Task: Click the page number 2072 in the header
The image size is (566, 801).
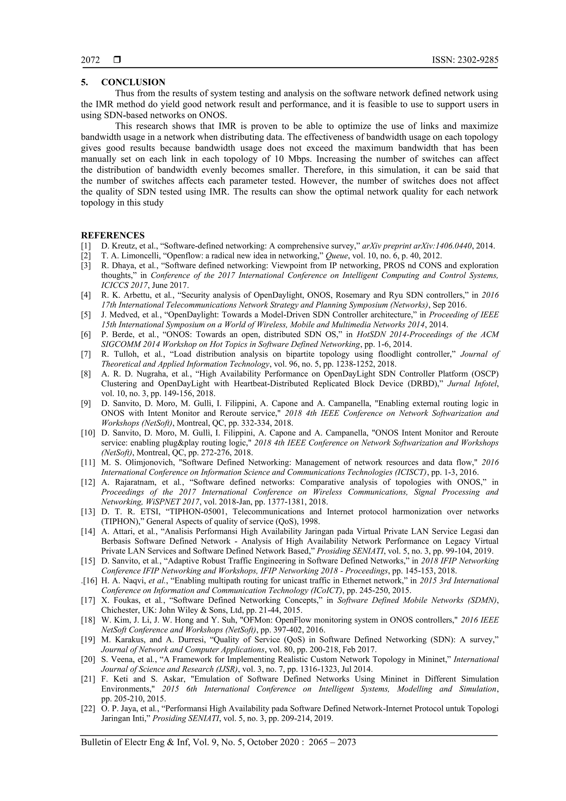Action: pos(90,60)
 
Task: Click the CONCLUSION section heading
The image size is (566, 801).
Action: pos(133,82)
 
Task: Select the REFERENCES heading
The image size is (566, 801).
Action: pos(113,235)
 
